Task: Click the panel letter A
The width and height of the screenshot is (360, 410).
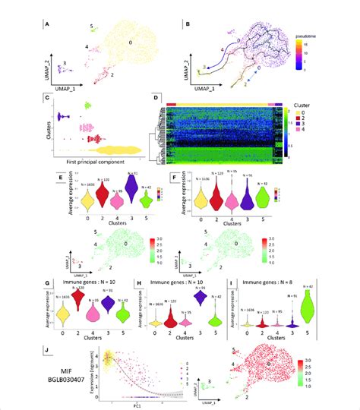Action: pyautogui.click(x=49, y=24)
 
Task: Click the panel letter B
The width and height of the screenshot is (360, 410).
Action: pyautogui.click(x=187, y=24)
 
